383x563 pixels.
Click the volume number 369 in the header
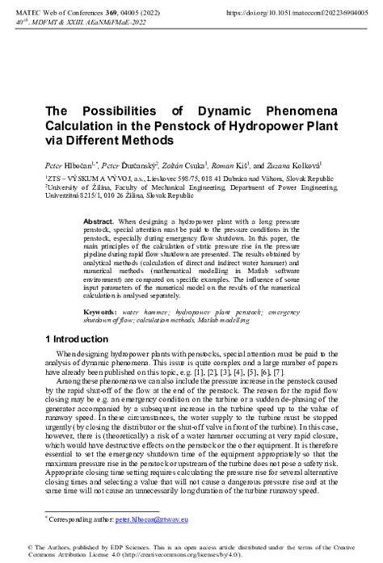pos(92,14)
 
